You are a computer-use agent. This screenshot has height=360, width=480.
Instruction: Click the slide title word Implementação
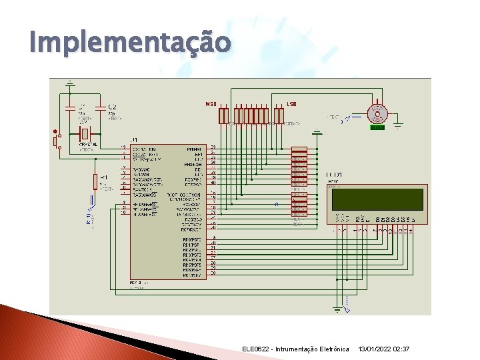(131, 43)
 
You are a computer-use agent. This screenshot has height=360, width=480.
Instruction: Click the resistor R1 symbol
(95, 181)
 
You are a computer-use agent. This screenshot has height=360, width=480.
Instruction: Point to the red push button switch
(56, 141)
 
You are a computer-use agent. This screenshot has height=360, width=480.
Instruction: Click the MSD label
(211, 104)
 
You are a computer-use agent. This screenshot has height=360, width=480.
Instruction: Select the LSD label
(291, 104)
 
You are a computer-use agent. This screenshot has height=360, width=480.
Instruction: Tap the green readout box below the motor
(377, 127)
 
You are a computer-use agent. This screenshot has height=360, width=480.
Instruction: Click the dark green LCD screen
(377, 199)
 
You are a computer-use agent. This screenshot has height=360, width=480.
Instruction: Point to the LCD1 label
(335, 175)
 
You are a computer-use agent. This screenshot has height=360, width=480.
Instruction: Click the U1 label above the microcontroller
(135, 140)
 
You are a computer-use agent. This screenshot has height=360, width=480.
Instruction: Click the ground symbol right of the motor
(397, 123)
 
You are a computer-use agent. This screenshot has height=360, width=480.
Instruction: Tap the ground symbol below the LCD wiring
(337, 308)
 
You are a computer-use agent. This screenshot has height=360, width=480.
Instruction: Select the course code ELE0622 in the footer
(257, 349)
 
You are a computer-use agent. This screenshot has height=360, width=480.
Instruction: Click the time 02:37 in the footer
(402, 349)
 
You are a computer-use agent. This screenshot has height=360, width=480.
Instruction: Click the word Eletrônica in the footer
(332, 349)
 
